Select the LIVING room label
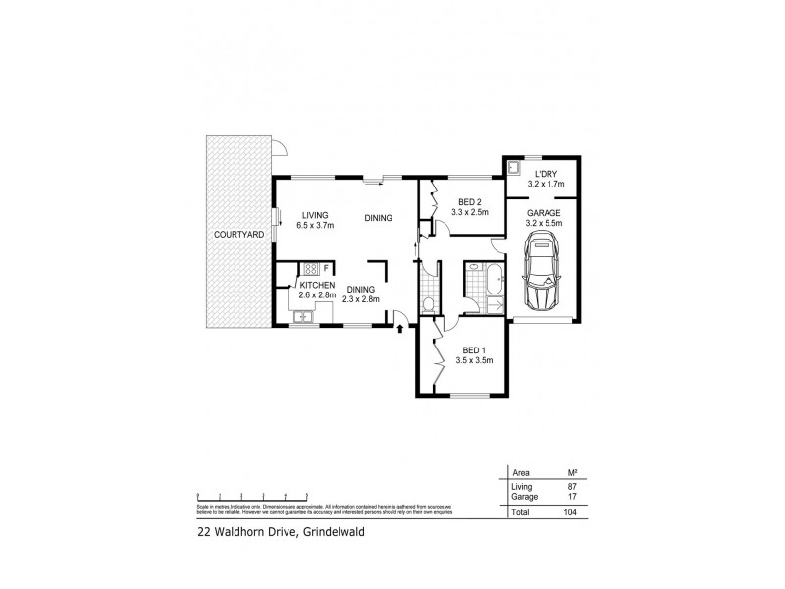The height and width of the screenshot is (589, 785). [x=314, y=216]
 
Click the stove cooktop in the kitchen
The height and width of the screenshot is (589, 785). [x=310, y=268]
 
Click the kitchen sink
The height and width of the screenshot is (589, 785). [x=301, y=315]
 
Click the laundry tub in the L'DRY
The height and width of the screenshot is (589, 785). [x=513, y=166]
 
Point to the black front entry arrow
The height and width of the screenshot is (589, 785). [x=399, y=329]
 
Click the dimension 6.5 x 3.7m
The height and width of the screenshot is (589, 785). [x=315, y=226]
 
